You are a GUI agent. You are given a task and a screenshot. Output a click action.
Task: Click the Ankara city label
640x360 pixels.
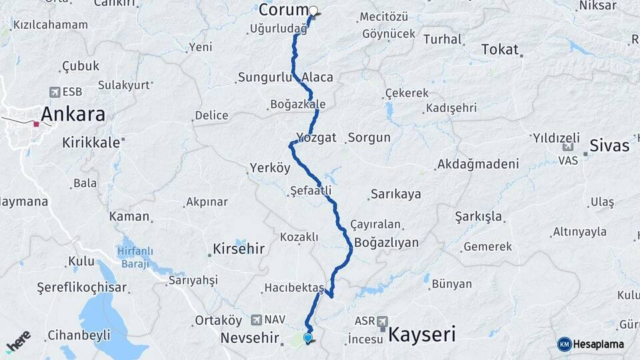73,114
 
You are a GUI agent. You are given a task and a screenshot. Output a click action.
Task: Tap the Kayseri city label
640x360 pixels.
423,333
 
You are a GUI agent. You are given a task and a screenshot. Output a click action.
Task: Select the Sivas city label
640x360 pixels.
609,145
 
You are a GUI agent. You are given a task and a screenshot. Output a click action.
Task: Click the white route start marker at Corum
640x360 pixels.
313,11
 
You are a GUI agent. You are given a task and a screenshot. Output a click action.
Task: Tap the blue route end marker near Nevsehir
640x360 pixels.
307,338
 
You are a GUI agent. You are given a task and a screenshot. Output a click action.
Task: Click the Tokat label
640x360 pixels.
500,49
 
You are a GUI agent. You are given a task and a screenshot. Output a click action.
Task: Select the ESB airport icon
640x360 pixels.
54,92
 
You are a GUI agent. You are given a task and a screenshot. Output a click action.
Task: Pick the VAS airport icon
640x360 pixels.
567,148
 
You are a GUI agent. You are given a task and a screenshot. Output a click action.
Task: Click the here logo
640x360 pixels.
18,341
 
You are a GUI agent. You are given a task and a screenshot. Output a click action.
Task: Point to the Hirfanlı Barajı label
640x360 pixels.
135,257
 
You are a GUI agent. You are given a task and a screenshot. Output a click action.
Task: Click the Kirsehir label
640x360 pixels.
239,249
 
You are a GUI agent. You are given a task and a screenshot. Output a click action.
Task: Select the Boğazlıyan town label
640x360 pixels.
387,242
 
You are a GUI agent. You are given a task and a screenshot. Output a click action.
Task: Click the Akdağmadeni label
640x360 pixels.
477,164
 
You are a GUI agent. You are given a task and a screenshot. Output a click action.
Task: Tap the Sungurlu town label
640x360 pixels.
266,77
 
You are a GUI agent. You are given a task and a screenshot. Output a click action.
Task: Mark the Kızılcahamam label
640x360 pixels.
51,25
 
